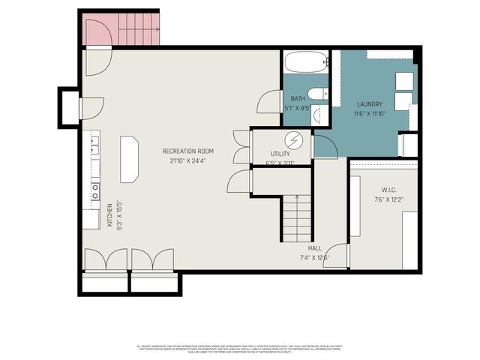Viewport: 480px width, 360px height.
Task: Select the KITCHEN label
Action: (109, 216)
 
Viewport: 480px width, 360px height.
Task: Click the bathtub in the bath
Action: (306, 61)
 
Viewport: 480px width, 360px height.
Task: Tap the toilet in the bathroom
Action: (317, 94)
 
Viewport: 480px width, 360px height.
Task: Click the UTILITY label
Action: (280, 153)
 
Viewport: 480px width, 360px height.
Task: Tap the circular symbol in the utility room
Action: (295, 139)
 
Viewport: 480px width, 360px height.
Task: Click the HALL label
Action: (315, 247)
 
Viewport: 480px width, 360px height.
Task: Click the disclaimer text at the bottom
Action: (240, 349)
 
